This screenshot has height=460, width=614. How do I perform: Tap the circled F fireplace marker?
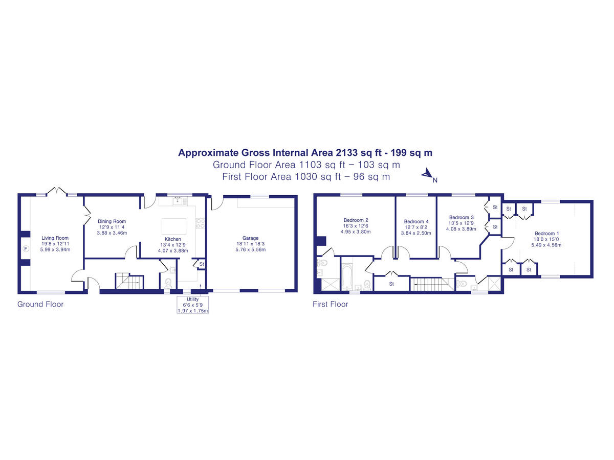coord(26,248)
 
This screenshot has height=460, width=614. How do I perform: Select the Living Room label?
coord(55,238)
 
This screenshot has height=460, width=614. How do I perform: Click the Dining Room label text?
coord(112,221)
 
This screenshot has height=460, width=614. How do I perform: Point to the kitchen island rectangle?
coord(173,226)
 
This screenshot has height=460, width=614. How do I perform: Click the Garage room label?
coord(250,238)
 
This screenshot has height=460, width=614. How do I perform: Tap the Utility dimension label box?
coord(192,305)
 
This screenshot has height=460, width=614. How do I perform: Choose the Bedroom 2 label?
coord(356,220)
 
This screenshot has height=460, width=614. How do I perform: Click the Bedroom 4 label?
coord(416,221)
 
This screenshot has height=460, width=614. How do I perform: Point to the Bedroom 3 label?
coord(462,217)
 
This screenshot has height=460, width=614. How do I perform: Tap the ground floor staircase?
coord(129,281)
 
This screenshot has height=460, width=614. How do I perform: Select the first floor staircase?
coord(432,284)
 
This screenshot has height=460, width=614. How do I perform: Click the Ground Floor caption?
coord(40,304)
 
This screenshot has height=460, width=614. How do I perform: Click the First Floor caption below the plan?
coord(331,304)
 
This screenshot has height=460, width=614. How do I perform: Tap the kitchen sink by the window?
coord(178,201)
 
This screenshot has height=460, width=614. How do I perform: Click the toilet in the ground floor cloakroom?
coord(168,283)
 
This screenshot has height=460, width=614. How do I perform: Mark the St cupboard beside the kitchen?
coord(202,264)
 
